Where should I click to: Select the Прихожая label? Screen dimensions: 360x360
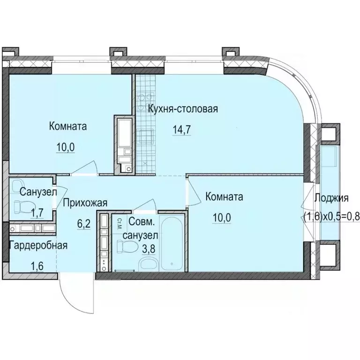[x=85, y=203]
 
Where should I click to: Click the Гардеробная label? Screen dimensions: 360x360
[x=37, y=245]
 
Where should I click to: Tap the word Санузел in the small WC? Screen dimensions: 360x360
[x=38, y=192]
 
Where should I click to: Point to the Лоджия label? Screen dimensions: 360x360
[x=331, y=198]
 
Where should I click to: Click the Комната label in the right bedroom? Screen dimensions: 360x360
[x=224, y=197]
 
